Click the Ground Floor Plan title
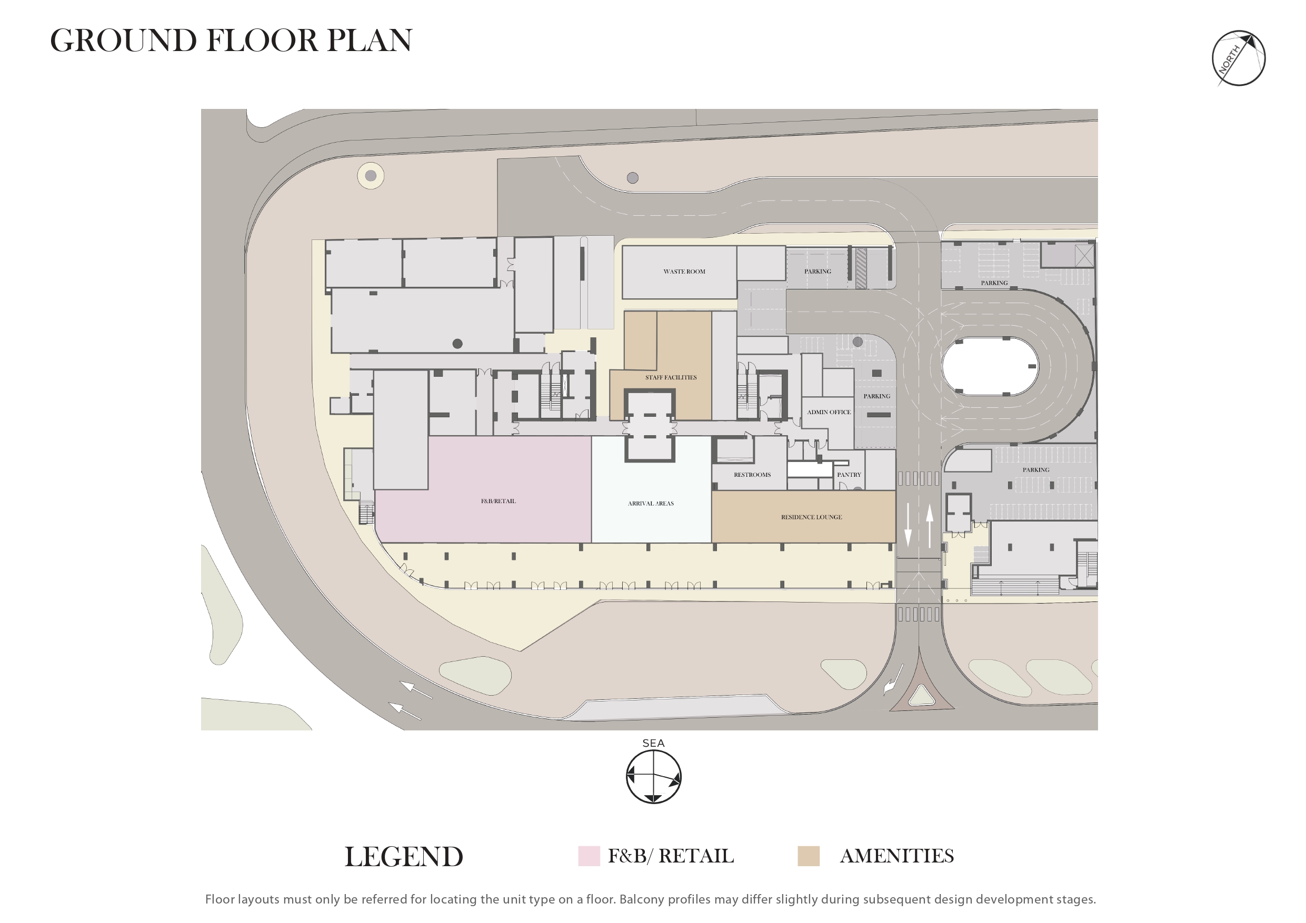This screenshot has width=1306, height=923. coord(231,41)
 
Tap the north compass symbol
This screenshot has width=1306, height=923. coord(1238,58)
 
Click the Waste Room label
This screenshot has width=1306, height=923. coord(684,272)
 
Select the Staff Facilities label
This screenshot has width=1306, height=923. coord(671,378)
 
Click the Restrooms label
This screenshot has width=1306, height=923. coord(752,475)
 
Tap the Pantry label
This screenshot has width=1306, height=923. coord(849,475)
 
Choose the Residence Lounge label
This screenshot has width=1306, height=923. coord(811,517)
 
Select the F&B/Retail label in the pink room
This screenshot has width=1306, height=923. coord(499,501)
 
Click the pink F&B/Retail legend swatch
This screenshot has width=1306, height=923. coord(589,856)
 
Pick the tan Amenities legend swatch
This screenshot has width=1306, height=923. coord(808,856)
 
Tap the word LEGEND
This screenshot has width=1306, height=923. coord(404,857)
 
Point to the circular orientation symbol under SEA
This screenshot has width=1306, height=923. coord(654,777)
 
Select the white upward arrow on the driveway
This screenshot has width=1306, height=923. coord(930,526)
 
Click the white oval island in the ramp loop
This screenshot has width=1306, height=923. coord(990,367)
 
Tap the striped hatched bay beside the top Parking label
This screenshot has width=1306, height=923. coord(861,267)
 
